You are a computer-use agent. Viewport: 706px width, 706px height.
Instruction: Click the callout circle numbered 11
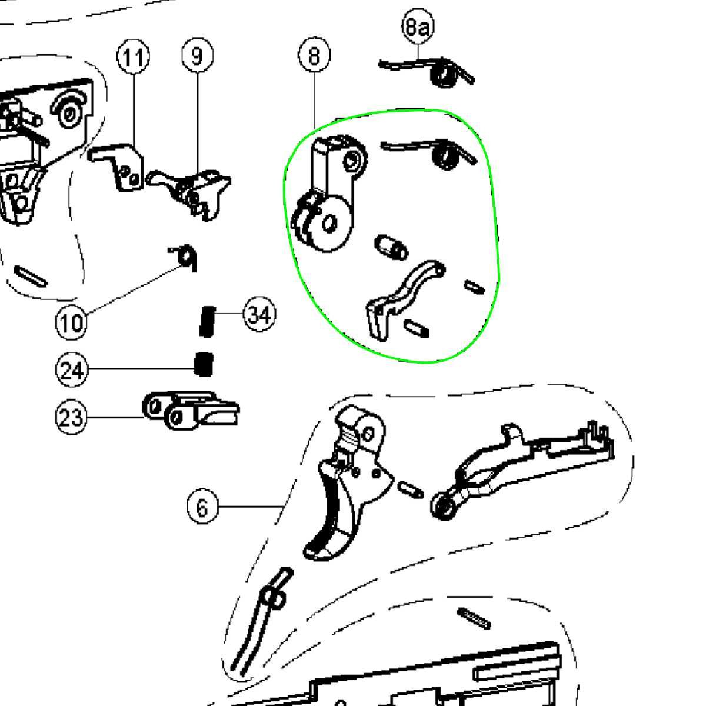[133, 57]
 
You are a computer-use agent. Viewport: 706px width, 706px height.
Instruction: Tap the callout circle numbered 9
[198, 56]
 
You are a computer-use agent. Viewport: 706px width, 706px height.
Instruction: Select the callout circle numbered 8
[314, 55]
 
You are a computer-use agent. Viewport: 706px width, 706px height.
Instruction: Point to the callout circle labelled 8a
[418, 26]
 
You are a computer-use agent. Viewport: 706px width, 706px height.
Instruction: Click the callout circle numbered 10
[71, 322]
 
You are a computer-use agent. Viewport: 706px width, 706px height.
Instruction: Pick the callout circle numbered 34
[260, 314]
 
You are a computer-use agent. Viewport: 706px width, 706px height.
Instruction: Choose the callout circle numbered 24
[72, 369]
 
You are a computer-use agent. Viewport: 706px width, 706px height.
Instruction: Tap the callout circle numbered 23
[71, 417]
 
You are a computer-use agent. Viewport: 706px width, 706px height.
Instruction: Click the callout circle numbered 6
[202, 507]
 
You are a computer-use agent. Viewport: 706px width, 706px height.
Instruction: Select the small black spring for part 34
[207, 321]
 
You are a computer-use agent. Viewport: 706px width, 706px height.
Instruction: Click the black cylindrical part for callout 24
[204, 364]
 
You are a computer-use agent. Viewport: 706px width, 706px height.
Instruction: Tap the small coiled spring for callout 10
[184, 257]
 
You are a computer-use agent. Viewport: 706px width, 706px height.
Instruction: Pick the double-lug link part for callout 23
[191, 410]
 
